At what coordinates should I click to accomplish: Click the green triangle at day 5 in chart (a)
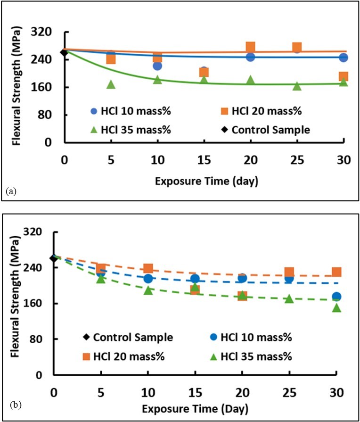111,84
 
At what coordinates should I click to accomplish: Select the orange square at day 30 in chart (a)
344,76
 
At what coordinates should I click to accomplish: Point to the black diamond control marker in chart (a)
64,52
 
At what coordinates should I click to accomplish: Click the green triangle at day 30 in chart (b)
336,307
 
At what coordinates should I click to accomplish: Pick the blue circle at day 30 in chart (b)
336,297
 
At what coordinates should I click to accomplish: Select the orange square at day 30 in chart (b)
336,272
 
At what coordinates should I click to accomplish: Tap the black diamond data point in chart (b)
54,258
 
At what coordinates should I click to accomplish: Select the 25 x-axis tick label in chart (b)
289,392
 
